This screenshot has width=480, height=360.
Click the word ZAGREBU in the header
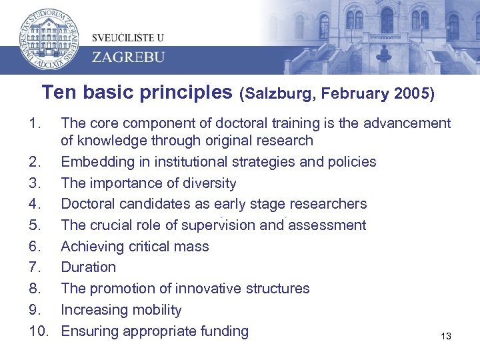click(128, 56)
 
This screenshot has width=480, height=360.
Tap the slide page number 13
click(446, 337)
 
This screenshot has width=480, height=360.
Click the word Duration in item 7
click(88, 267)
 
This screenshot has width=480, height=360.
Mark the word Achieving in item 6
click(90, 247)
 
